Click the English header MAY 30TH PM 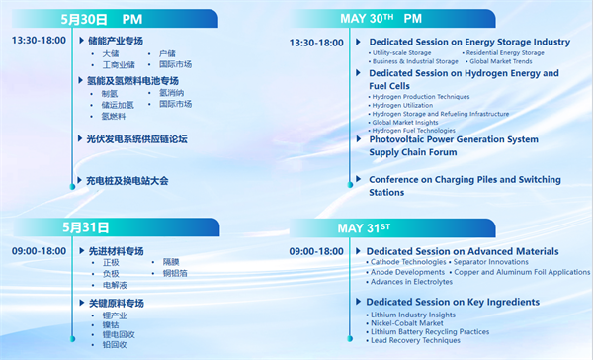tap(381, 19)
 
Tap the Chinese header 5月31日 tap(83, 226)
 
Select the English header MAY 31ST tap(365, 227)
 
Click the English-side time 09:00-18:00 tap(316, 251)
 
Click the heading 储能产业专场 tap(116, 41)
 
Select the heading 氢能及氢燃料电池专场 tap(133, 81)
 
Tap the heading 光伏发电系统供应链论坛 tap(136, 139)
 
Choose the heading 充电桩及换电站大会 tap(127, 181)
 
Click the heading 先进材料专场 tap(116, 251)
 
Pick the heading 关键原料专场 tap(116, 303)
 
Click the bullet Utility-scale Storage tap(404, 52)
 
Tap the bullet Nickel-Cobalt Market tap(405, 322)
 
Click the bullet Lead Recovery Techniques tap(414, 340)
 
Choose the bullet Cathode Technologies tap(409, 262)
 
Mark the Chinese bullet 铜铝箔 tap(175, 273)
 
